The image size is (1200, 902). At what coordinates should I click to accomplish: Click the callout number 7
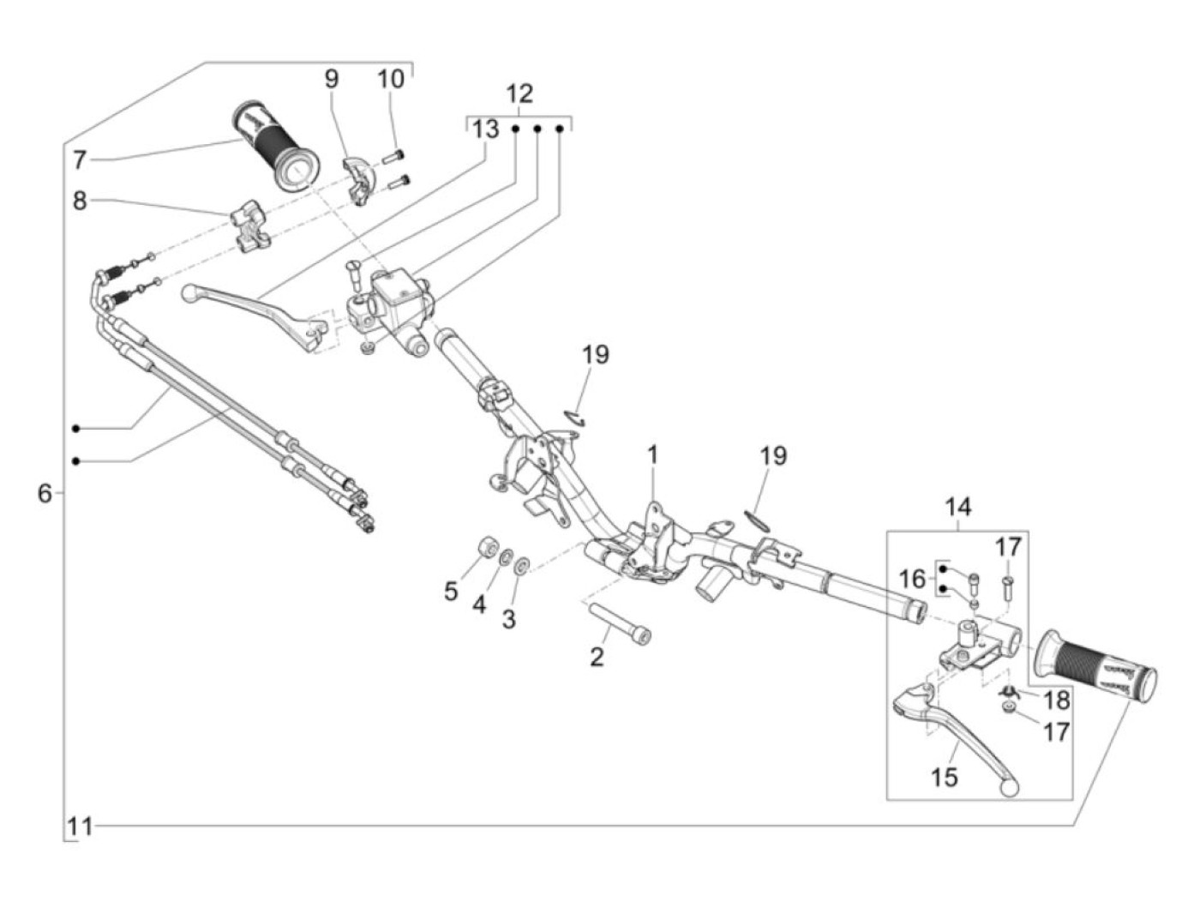[80, 159]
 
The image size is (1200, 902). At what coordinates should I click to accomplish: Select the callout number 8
[80, 202]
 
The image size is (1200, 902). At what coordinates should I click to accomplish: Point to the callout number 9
[331, 80]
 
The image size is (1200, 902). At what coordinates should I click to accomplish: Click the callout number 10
[390, 80]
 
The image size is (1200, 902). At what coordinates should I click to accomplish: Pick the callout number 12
[519, 94]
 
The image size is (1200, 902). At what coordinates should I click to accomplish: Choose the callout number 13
[485, 129]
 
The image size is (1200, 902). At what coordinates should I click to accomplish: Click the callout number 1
[652, 454]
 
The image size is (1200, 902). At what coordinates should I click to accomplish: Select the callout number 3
[509, 618]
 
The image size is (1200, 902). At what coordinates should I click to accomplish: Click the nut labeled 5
[485, 548]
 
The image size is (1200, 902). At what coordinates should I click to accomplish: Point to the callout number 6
[45, 494]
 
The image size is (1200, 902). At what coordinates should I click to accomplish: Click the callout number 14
[958, 508]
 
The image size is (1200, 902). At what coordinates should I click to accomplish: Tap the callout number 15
[945, 777]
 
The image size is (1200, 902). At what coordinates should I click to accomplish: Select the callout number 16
[913, 579]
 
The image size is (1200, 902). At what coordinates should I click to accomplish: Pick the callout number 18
[1057, 701]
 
